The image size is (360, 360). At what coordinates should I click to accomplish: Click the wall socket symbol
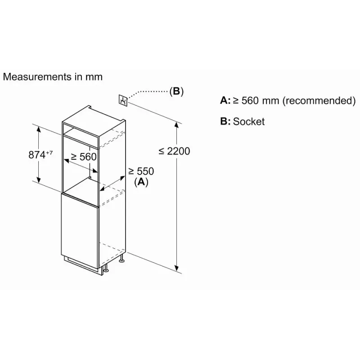(122, 100)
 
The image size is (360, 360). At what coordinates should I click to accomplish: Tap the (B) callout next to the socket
(176, 91)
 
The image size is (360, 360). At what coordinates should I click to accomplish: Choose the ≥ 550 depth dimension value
(141, 171)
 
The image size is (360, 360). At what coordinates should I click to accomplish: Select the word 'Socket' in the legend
(249, 121)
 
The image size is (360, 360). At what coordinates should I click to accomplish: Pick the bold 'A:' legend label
(225, 100)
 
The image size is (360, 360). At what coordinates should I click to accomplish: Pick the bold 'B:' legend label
(225, 121)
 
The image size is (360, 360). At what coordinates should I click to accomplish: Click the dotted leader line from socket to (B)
(148, 91)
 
